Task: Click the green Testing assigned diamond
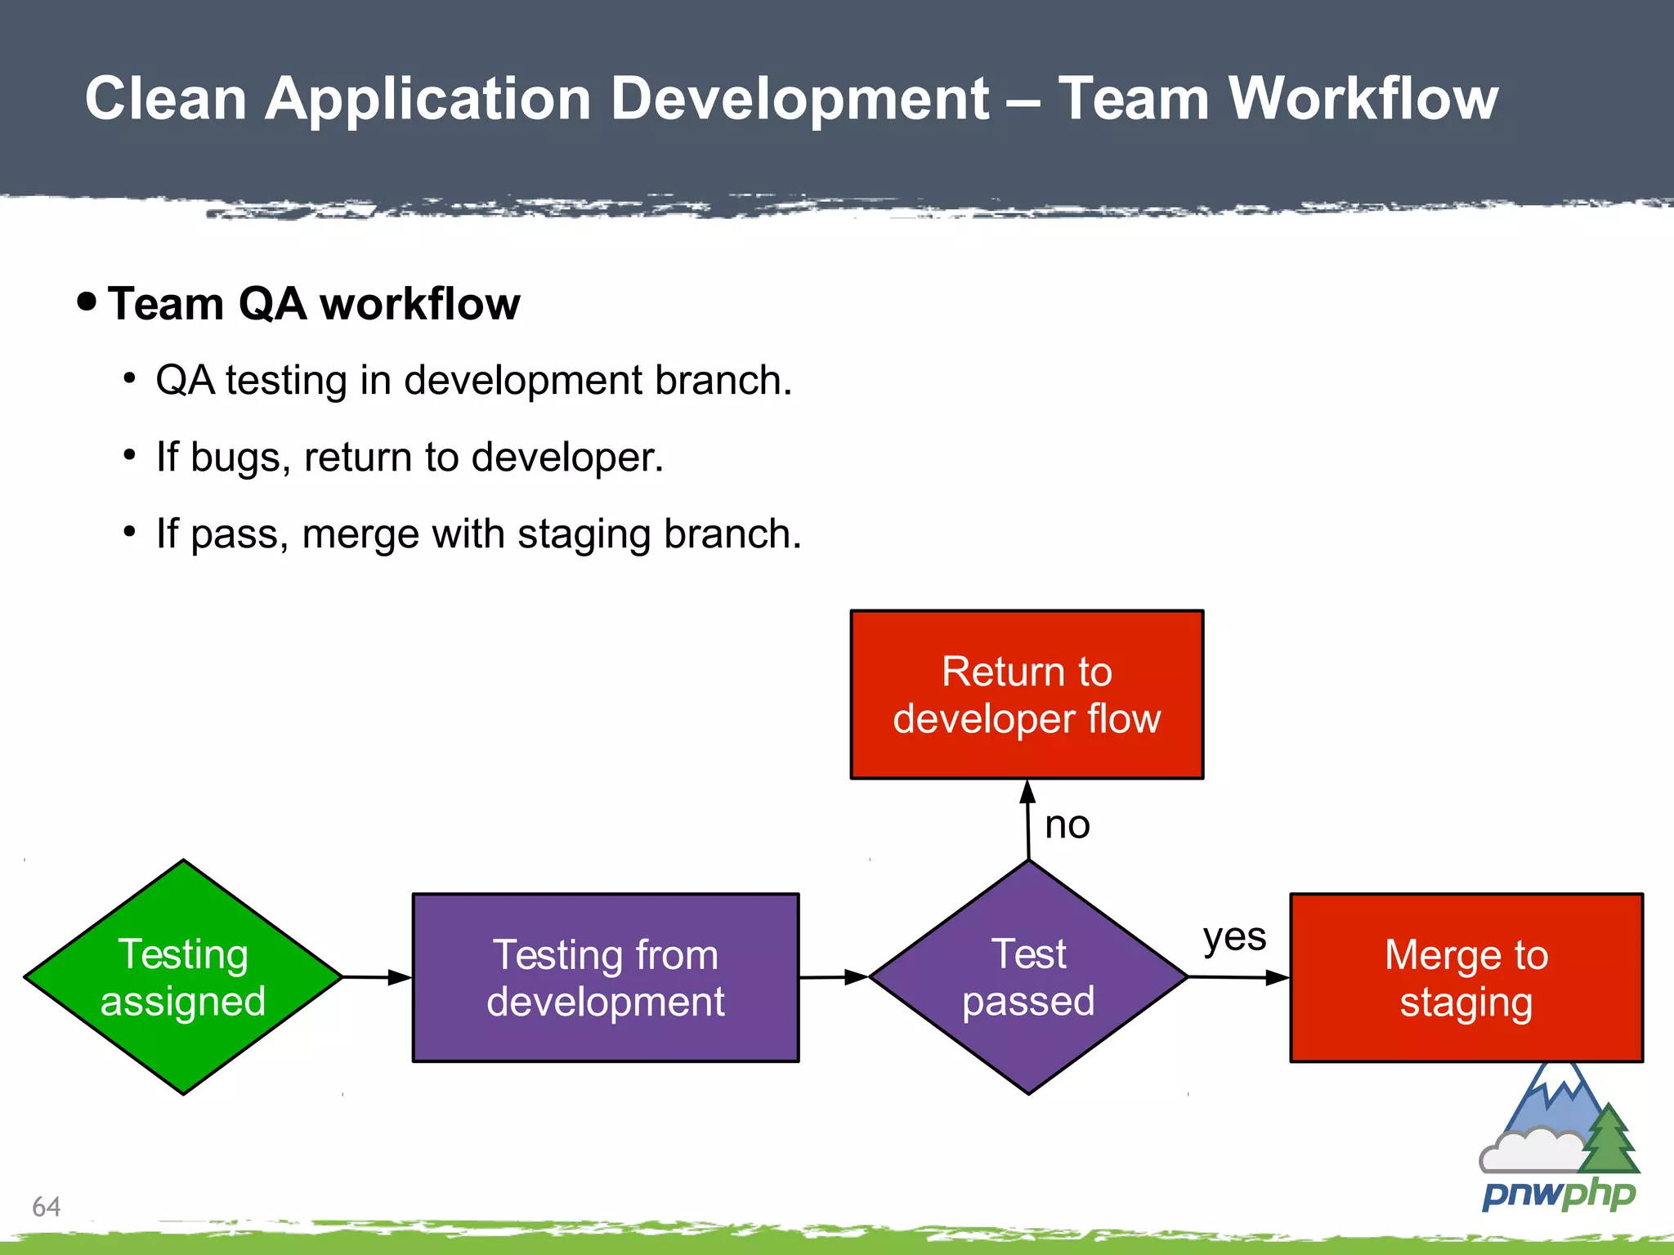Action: (183, 977)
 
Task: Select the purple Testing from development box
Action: (606, 978)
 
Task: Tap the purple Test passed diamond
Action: (1028, 977)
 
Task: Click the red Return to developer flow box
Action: (1027, 694)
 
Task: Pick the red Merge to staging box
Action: (1466, 978)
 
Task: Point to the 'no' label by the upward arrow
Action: (1067, 825)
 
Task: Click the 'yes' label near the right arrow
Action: (1234, 936)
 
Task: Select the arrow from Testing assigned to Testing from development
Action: (377, 977)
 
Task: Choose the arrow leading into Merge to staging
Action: (1238, 977)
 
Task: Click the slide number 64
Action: (47, 1207)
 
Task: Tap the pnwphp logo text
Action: (1559, 1195)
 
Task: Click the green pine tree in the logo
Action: (1609, 1140)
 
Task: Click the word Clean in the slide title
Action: (166, 99)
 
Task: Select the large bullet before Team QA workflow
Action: (87, 301)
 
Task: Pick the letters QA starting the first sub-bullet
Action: (185, 381)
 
